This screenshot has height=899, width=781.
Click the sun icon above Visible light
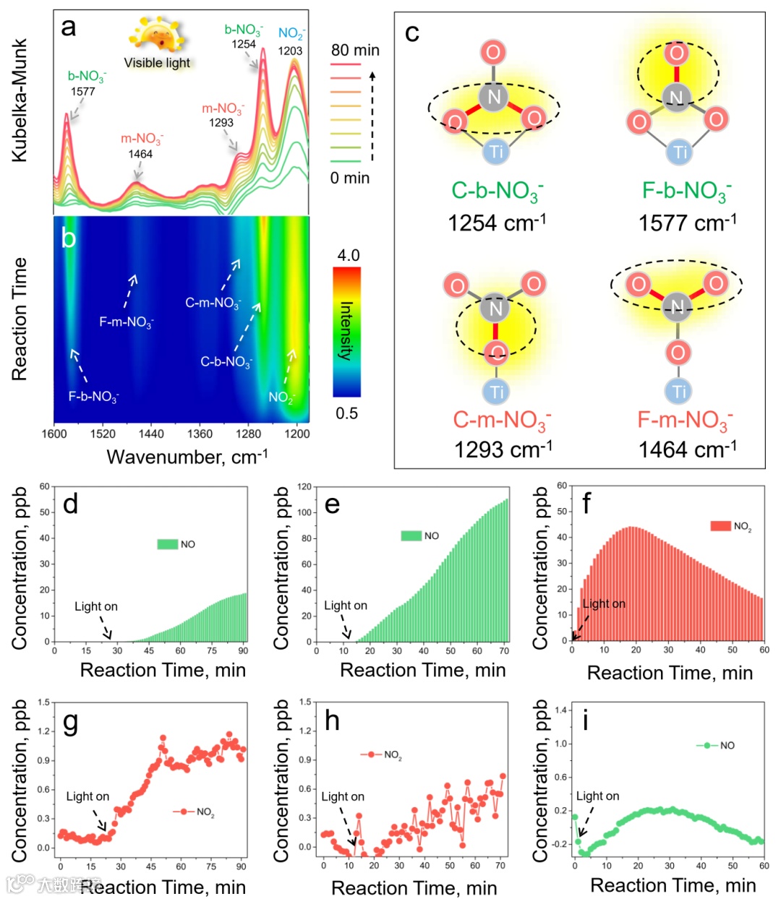coord(156,33)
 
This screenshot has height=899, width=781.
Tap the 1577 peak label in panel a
coord(83,92)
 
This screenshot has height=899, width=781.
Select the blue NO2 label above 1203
coord(291,33)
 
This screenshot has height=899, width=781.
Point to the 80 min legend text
coord(355,50)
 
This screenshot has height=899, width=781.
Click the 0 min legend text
coord(350,178)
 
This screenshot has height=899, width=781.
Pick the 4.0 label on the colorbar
coord(348,255)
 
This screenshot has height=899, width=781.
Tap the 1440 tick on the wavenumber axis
coord(151,434)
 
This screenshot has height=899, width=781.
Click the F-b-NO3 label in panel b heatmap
coord(93,397)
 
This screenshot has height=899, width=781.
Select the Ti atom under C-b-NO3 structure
coord(496,151)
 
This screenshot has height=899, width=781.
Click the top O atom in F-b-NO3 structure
coord(677,53)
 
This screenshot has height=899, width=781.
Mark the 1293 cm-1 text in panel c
coord(503,450)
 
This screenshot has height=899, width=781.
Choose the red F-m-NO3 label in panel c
coord(685,420)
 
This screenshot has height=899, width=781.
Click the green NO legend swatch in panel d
coord(168,544)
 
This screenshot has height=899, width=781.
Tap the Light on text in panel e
coord(345,606)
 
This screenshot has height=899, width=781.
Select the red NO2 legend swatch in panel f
coord(720,526)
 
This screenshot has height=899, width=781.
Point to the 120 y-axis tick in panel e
coord(304,487)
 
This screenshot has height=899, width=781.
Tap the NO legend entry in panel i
coord(716,745)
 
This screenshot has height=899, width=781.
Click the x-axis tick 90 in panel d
coord(243,650)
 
